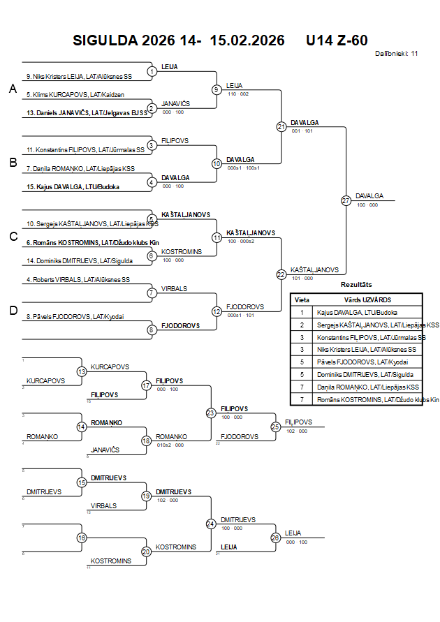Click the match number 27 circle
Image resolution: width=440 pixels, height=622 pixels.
click(x=346, y=201)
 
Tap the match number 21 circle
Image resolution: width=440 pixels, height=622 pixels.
click(x=281, y=126)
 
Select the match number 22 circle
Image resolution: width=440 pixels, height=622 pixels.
click(x=281, y=274)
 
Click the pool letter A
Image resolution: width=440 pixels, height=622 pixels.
click(x=12, y=89)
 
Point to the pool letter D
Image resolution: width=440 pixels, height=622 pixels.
click(x=13, y=311)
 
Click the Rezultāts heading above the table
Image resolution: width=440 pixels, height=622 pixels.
click(x=356, y=285)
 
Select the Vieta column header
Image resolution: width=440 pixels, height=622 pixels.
click(x=302, y=299)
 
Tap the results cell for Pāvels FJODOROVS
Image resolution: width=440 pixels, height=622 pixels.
click(x=362, y=362)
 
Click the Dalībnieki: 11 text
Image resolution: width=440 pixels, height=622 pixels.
click(x=396, y=53)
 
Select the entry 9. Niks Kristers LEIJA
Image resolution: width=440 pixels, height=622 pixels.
click(x=78, y=76)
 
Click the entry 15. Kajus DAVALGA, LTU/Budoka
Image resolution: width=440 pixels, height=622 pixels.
click(x=73, y=186)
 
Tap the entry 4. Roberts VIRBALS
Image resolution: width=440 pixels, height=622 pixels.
click(x=78, y=280)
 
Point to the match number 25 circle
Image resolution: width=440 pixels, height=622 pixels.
click(x=275, y=426)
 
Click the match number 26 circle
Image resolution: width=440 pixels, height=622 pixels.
click(x=275, y=537)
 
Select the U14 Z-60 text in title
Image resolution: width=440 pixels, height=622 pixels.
click(x=337, y=40)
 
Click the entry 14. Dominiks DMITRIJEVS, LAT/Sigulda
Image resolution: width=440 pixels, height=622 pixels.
click(x=80, y=260)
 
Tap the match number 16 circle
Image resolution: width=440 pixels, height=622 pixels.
click(x=82, y=538)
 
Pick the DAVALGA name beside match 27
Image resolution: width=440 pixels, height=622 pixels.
click(x=369, y=196)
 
